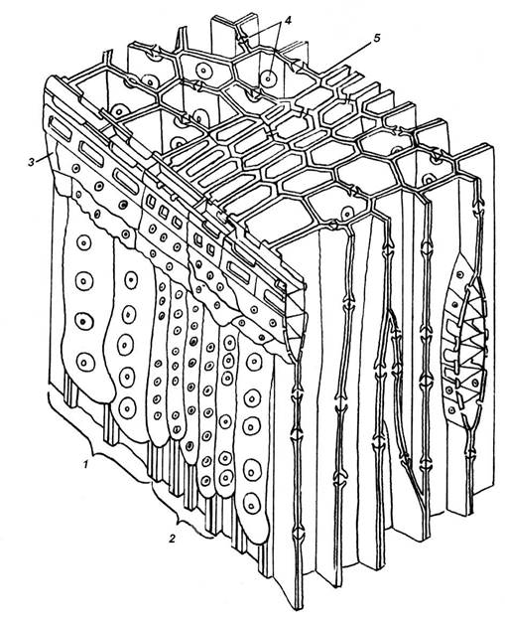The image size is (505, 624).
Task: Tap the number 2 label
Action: click(172, 539)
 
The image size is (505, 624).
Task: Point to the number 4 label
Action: click(288, 21)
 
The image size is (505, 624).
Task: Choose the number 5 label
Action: click(377, 38)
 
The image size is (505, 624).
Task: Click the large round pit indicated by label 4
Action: click(269, 78)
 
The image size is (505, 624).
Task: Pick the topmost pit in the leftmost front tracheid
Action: click(83, 242)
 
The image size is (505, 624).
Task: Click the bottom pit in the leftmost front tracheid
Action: click(84, 363)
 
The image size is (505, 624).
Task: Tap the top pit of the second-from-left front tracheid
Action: click(131, 280)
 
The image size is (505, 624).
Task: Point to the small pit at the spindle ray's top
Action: click(459, 275)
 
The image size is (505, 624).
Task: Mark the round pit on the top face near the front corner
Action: click(347, 213)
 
